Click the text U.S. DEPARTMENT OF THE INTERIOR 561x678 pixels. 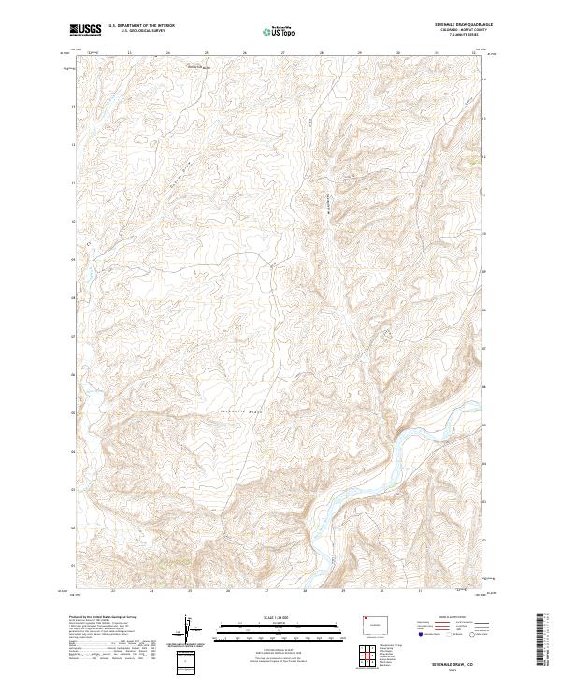click(141, 26)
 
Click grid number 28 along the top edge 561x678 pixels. click(321, 53)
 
